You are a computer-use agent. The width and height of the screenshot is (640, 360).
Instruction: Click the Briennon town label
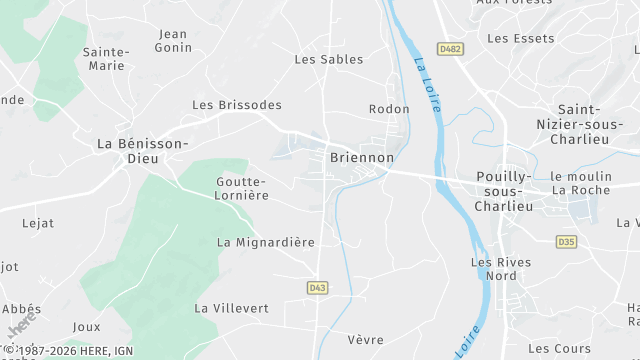(x=362, y=158)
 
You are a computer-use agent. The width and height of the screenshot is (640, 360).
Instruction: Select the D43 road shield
(x=317, y=288)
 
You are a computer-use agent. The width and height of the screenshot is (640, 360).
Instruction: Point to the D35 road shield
(x=567, y=241)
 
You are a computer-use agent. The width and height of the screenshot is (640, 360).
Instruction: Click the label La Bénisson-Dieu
(x=143, y=151)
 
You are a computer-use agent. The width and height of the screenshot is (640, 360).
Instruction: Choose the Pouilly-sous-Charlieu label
(x=504, y=190)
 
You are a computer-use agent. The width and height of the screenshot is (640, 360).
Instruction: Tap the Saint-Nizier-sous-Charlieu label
(x=592, y=126)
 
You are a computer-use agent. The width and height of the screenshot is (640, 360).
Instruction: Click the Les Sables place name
(x=328, y=59)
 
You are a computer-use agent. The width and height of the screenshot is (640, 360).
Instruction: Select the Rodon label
(x=389, y=109)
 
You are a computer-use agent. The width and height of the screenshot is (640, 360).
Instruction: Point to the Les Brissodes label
(x=237, y=105)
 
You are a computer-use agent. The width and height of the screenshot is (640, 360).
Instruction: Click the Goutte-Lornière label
(x=241, y=188)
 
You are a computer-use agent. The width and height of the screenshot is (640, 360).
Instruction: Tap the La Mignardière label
(x=266, y=242)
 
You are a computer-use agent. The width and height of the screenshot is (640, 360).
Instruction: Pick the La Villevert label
(x=232, y=308)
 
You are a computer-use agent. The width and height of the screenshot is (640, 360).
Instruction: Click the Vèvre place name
(x=365, y=340)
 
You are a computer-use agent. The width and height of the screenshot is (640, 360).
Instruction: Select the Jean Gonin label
(x=172, y=41)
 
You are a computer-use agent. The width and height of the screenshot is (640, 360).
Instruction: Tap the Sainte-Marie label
(x=106, y=58)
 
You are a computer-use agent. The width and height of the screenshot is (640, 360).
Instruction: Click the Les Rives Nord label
(x=501, y=269)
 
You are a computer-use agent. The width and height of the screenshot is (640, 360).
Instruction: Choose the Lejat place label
(x=38, y=224)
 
